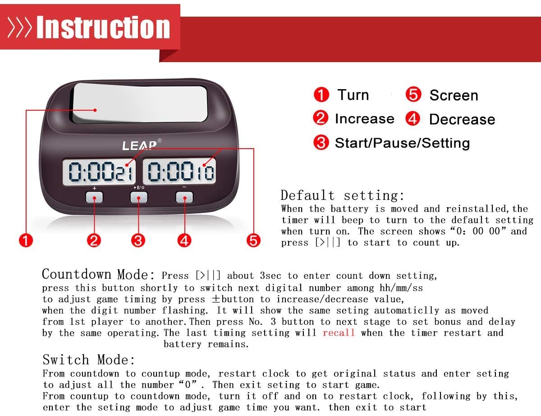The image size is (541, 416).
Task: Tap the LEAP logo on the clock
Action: pos(140,145)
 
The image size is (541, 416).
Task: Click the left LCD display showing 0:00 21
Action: pos(100,172)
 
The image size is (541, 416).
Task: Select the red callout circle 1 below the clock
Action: pos(26,240)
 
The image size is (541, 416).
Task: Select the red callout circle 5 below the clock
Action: pos(254,240)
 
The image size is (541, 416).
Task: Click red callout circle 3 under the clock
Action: pos(138,240)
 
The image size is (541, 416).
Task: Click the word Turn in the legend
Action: pos(353,95)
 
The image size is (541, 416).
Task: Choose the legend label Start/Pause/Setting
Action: pos(402,143)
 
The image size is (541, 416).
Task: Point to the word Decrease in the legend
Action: pos(462,119)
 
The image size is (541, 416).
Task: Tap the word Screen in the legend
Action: pos(454,95)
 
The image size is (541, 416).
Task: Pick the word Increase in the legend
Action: pos(364,119)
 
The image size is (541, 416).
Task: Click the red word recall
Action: pos(339,333)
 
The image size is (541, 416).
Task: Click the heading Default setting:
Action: pos(343,195)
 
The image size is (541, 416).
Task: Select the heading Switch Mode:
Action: pos(89,360)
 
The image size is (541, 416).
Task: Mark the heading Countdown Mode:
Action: pos(98,274)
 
